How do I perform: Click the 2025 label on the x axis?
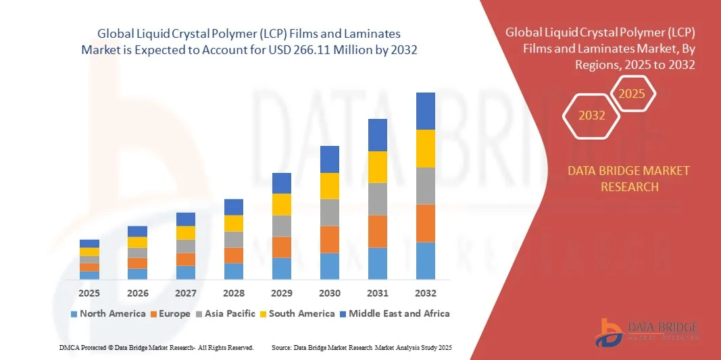point(89,293)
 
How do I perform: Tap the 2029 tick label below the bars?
point(282,293)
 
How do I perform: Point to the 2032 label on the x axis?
point(426,293)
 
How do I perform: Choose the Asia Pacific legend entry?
point(226,313)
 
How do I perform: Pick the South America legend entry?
point(297,313)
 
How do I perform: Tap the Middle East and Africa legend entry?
point(395,313)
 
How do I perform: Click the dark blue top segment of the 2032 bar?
point(426,111)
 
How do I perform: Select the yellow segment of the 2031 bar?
point(378,167)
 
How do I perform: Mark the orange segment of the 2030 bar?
point(330,239)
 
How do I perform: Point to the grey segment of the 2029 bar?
point(282,226)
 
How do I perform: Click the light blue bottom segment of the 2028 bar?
point(234,271)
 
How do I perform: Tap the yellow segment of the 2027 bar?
point(186,232)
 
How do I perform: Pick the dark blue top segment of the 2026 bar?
point(138,231)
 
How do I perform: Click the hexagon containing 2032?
point(592,115)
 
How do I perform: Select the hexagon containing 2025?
point(632,93)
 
